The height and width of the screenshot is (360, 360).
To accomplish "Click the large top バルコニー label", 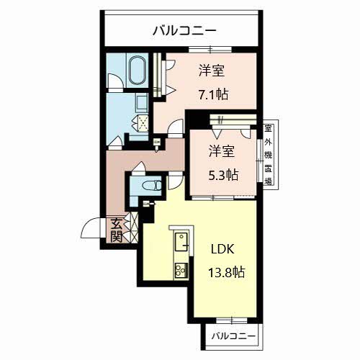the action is (185, 31).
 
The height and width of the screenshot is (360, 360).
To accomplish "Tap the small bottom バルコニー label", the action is (233, 336).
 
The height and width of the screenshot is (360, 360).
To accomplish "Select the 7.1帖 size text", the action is (213, 94).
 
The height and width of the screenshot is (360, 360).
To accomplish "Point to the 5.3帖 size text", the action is (223, 175).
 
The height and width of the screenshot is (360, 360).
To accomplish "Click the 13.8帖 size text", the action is (227, 272).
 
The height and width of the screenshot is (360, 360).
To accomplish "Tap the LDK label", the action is (222, 249).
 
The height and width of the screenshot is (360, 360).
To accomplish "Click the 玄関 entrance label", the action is (116, 230).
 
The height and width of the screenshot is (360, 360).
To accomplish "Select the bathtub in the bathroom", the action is (138, 71).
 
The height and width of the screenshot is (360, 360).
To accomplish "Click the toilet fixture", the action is (152, 185).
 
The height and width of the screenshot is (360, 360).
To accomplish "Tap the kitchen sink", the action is (181, 242).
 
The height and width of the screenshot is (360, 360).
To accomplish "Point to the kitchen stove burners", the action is (181, 271).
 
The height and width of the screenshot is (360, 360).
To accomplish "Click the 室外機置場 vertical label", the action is (268, 155).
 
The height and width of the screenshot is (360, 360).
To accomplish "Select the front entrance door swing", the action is (91, 228).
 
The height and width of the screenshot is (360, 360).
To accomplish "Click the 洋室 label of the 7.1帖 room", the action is (212, 71).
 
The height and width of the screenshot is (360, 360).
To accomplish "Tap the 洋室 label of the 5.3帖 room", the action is (222, 151).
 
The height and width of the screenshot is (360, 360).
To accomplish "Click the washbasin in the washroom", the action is (142, 102).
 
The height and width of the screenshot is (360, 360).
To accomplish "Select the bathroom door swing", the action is (115, 81).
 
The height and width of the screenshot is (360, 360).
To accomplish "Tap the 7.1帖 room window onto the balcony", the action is (210, 50).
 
